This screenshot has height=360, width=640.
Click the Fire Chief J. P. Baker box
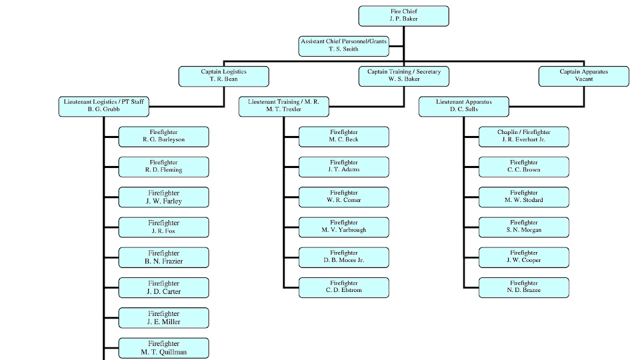[x=403, y=15]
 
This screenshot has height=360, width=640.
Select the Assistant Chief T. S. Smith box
[x=343, y=45]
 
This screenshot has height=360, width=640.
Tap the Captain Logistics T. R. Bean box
[x=223, y=76]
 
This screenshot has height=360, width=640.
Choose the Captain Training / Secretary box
[x=403, y=76]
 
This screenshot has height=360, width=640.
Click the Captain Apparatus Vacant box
[x=583, y=76]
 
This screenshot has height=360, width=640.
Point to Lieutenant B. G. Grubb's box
[x=103, y=106]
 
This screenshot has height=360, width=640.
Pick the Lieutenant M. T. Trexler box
[x=283, y=106]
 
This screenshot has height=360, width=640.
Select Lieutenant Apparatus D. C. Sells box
[x=463, y=106]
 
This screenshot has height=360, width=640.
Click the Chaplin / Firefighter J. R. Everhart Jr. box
[x=523, y=136]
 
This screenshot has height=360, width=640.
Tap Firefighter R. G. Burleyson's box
[x=163, y=136]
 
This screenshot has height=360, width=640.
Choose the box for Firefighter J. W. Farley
[x=163, y=197]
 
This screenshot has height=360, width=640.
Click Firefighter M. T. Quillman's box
[x=163, y=347]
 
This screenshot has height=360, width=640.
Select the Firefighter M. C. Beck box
[x=343, y=136]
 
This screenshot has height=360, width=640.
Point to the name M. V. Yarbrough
[x=343, y=230]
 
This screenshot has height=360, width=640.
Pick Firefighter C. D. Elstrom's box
[x=343, y=287]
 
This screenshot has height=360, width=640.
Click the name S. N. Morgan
[x=523, y=230]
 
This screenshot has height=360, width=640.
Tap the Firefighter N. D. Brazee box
[x=523, y=287]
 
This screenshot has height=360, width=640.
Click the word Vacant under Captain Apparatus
[x=583, y=79]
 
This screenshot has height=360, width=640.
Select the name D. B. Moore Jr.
[x=343, y=260]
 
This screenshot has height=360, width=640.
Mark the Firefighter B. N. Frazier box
[x=163, y=257]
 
